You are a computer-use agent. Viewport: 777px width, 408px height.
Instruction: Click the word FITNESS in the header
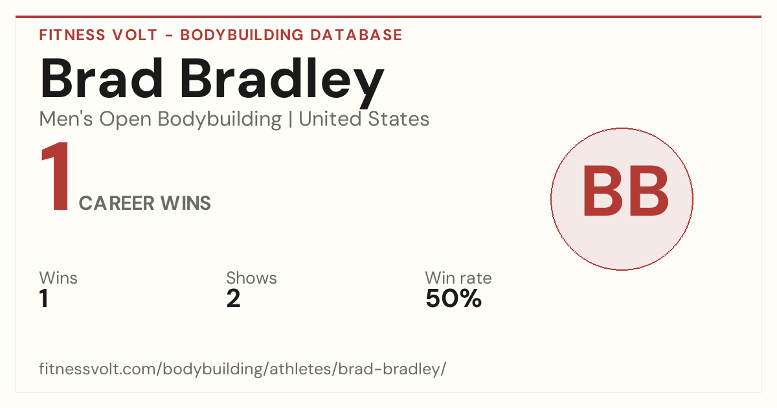72,35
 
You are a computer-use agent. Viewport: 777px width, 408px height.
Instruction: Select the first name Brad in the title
101,78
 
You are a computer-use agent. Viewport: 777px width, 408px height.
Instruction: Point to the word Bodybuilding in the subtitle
220,120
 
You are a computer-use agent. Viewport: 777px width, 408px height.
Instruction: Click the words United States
364,119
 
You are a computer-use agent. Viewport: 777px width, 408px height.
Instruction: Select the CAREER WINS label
144,203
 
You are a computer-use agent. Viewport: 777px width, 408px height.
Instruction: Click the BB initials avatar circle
622,199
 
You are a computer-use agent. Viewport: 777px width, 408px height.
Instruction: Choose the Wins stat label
58,278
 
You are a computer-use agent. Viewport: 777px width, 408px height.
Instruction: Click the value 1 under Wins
44,299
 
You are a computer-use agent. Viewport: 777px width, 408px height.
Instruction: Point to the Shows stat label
251,278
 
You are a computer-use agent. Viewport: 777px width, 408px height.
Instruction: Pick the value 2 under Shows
234,299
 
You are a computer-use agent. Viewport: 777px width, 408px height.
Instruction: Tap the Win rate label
458,278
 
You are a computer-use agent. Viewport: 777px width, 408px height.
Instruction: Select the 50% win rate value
454,299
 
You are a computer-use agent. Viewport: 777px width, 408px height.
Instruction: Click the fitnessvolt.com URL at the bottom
242,368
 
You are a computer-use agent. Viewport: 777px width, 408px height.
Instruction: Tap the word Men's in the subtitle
66,119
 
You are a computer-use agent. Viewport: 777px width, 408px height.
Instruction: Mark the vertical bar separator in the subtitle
290,119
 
